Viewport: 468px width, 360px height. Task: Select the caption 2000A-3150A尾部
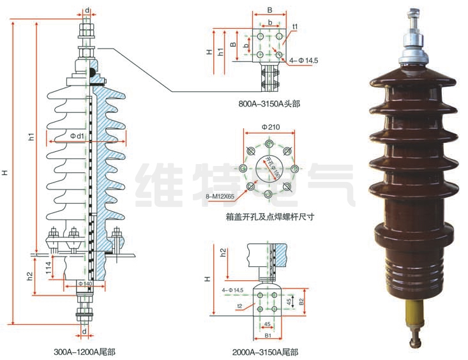(266, 351)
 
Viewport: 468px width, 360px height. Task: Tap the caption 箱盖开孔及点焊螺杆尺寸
(270, 216)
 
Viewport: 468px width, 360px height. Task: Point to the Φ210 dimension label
(269, 127)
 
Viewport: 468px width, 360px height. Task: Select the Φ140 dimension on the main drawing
(86, 283)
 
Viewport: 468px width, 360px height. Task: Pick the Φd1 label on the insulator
(77, 136)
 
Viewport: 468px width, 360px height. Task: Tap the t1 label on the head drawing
(296, 26)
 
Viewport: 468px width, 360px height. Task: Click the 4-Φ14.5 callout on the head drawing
(303, 61)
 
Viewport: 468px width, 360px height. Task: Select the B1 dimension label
(268, 334)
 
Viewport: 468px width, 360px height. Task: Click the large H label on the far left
(6, 172)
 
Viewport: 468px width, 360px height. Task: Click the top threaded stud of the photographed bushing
(414, 15)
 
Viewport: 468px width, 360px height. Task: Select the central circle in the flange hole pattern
(269, 169)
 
